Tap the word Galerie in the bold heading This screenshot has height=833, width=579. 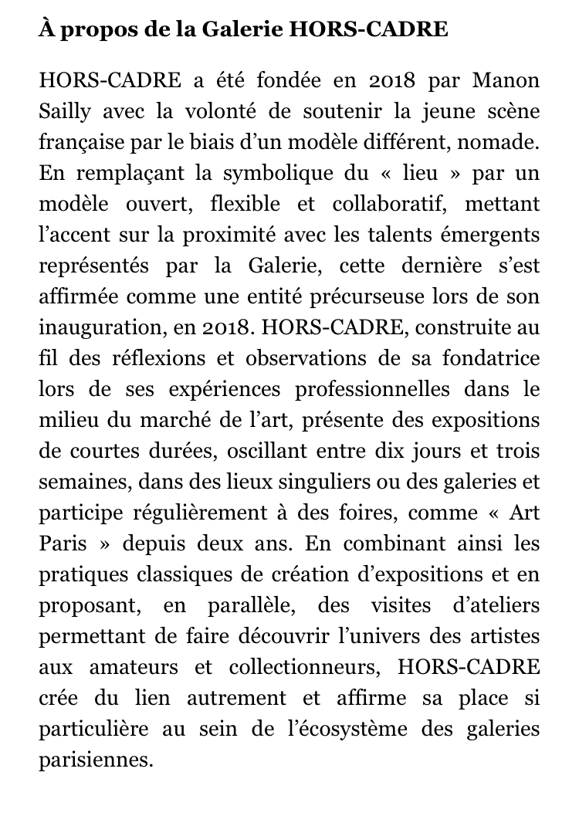point(238,32)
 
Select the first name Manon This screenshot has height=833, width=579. point(506,80)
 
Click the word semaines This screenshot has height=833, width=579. point(85,482)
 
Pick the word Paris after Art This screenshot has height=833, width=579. point(59,543)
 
